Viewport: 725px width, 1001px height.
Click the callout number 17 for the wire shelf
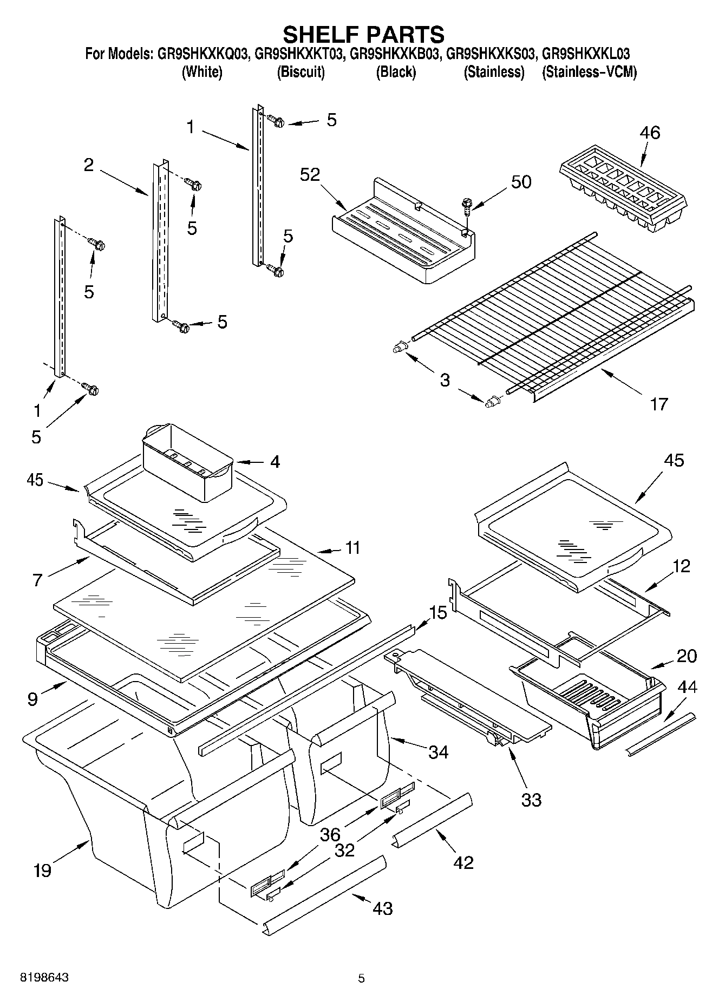tap(658, 403)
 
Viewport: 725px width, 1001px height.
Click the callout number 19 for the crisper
tap(42, 870)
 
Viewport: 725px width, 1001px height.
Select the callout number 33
tap(531, 800)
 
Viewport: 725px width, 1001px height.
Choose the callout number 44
tap(687, 687)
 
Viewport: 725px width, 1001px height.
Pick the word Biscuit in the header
tap(301, 72)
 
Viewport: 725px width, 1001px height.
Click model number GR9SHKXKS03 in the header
tap(491, 54)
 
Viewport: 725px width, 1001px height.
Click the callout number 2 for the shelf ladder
tap(89, 165)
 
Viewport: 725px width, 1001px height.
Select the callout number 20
tap(687, 656)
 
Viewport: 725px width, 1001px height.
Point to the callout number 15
tap(438, 613)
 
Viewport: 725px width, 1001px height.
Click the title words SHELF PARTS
tap(363, 34)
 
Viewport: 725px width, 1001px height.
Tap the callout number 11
tap(352, 548)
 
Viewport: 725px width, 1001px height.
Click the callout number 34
tap(438, 751)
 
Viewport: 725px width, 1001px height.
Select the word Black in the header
tap(396, 72)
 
